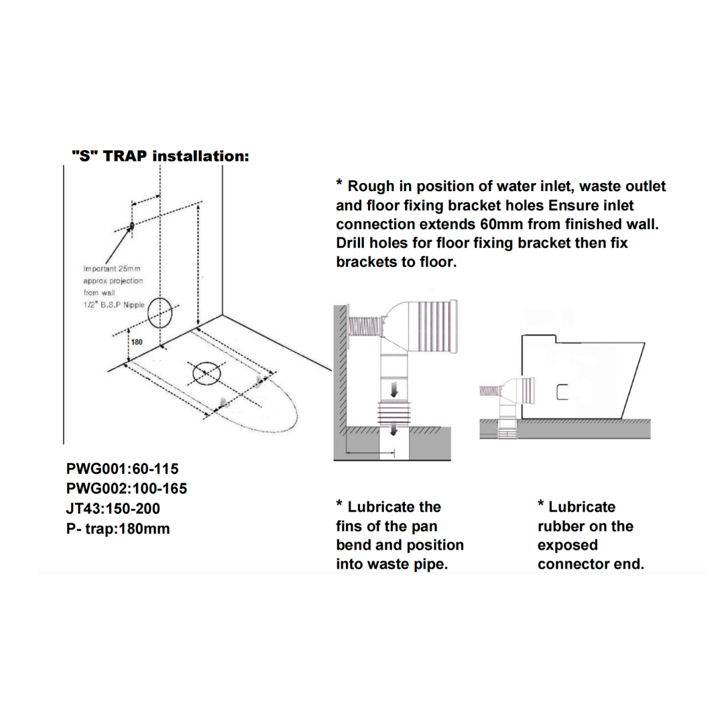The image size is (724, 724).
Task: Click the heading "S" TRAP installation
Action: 160,156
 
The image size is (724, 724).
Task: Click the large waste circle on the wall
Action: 161,312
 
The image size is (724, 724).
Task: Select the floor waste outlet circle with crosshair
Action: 206,374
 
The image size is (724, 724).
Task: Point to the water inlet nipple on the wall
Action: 131,226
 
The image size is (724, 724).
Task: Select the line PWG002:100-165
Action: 126,488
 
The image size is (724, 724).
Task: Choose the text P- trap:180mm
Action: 118,529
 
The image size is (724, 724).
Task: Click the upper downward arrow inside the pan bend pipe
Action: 394,388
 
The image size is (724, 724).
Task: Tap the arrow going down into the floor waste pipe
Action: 394,429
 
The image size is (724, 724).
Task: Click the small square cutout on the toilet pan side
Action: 562,391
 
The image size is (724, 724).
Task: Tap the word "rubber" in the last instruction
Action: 562,526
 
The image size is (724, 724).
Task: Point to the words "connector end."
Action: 590,564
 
